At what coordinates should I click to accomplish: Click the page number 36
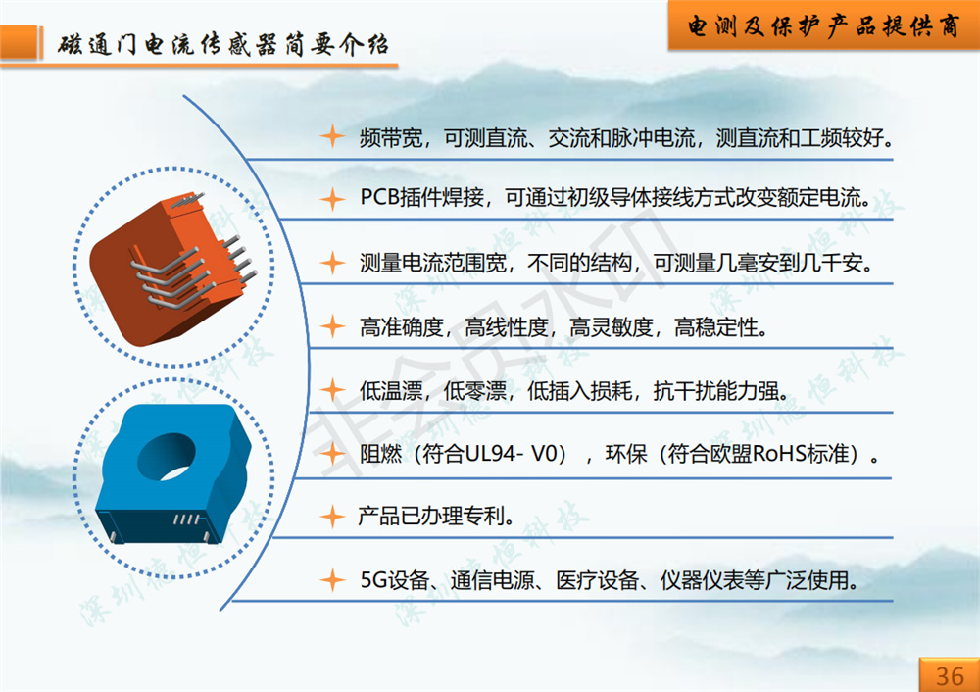click(x=950, y=675)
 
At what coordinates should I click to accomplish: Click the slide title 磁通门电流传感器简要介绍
click(x=223, y=44)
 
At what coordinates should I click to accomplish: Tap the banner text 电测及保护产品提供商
click(x=824, y=25)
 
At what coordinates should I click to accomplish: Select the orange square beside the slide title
click(x=19, y=42)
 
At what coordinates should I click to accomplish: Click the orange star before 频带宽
click(x=332, y=136)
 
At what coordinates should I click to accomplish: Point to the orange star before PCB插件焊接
click(x=332, y=199)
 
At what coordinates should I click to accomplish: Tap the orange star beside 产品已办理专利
click(x=332, y=517)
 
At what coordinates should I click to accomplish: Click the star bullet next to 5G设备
click(x=332, y=580)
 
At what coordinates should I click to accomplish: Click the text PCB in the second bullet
click(x=379, y=198)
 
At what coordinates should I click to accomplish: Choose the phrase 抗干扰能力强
click(x=716, y=391)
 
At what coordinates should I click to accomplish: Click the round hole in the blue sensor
click(x=167, y=457)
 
